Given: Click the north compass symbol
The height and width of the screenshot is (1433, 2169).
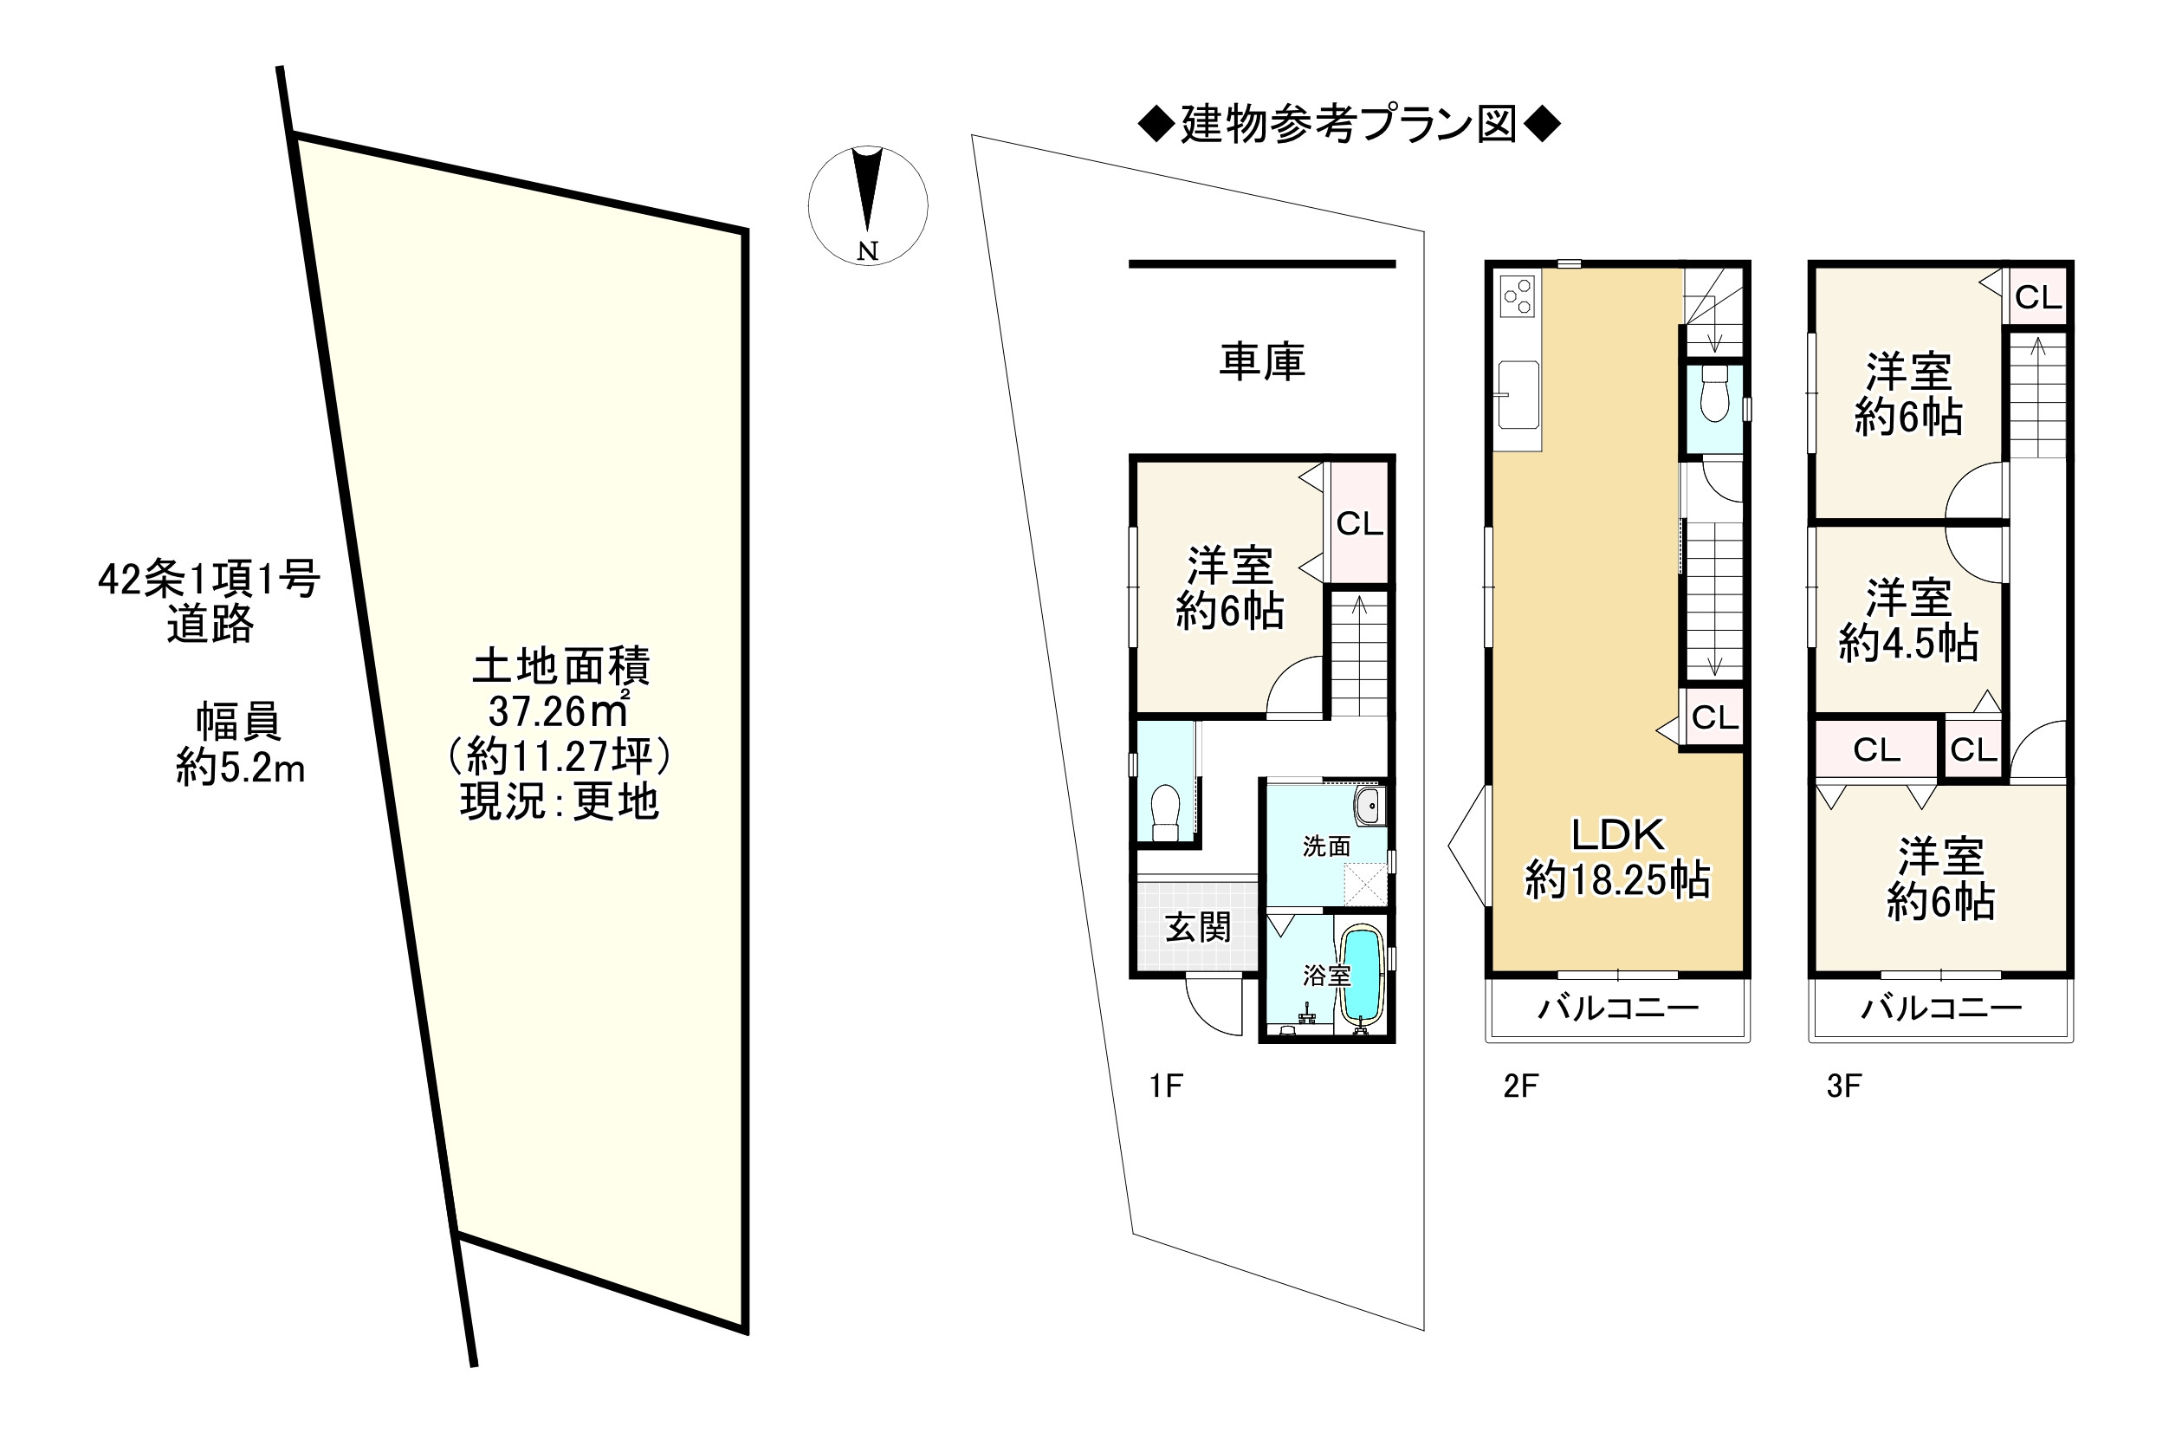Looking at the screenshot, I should click(x=867, y=204).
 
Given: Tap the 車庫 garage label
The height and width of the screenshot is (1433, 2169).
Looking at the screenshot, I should click(x=1262, y=362).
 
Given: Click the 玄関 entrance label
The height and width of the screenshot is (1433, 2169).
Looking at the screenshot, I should click(x=1198, y=928).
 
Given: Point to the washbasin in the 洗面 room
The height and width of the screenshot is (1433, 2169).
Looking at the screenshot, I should click(x=1369, y=807).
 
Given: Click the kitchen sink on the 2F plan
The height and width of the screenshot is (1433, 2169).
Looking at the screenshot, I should click(x=1518, y=394).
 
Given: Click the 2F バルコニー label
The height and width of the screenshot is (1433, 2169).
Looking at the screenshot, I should click(x=1618, y=1008).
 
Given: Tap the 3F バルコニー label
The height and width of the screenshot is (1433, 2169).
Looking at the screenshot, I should click(x=1941, y=1008).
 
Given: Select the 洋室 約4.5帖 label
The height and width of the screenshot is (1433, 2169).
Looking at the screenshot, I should click(x=1907, y=620).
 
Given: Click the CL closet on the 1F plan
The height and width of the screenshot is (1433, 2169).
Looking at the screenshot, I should click(x=1359, y=523).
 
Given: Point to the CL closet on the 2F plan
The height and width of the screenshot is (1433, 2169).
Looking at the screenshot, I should click(x=1714, y=717).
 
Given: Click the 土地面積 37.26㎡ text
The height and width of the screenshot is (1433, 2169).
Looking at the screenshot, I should click(x=560, y=688).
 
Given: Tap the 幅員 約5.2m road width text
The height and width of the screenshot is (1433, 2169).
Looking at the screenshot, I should click(x=239, y=745).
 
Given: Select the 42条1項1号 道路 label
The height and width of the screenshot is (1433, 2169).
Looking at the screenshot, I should click(x=210, y=602).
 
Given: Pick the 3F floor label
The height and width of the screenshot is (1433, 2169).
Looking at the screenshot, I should click(x=1844, y=1086).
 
